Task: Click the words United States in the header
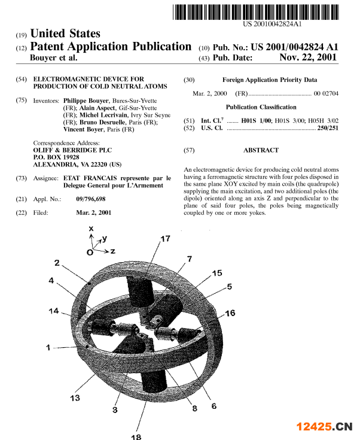click(65, 34)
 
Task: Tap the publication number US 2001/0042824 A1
click(294, 47)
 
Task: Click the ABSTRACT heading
click(261, 150)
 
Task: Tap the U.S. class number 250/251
click(328, 128)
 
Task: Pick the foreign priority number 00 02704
click(326, 94)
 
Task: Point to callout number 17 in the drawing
click(165, 239)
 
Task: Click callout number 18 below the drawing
click(136, 436)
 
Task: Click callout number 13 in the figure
click(76, 397)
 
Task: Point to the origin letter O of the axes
click(89, 251)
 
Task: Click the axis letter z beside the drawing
click(112, 251)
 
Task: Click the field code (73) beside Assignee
click(22, 178)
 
